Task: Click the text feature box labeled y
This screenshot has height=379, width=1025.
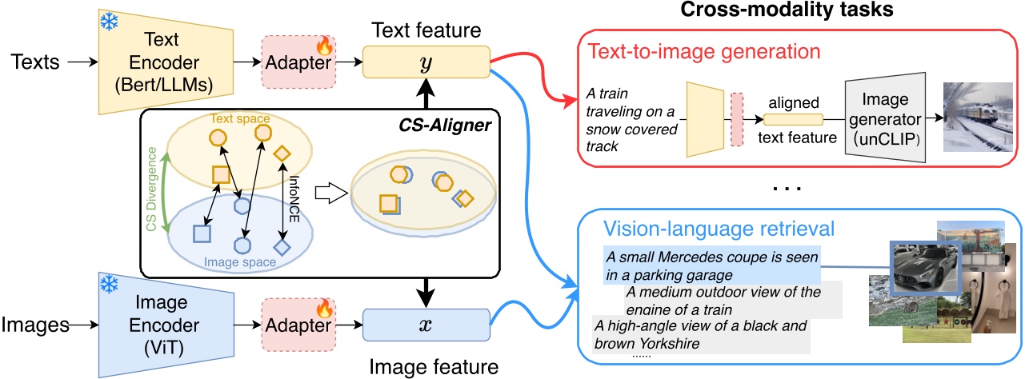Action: (426, 62)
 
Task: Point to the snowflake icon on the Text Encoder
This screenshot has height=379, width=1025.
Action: (109, 23)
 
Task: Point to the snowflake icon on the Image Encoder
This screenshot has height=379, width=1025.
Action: (109, 286)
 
